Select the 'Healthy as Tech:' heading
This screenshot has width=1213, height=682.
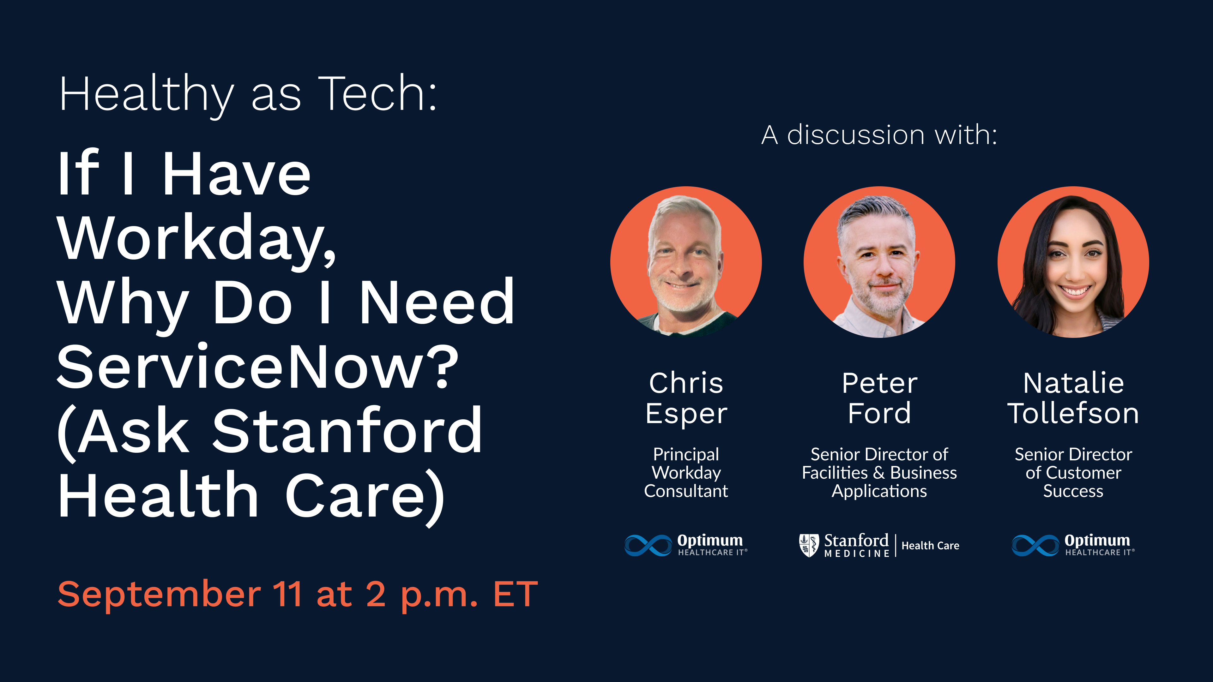point(248,94)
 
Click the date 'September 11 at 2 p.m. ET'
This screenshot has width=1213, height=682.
point(298,594)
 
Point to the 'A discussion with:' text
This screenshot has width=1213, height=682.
point(879,135)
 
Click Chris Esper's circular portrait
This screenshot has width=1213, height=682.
point(685,262)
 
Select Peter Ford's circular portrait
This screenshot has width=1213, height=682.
point(879,262)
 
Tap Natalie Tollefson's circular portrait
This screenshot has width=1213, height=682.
point(1073,262)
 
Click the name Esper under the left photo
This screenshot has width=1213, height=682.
point(686,414)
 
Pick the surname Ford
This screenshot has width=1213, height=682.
point(879,413)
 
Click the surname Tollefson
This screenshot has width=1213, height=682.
point(1073,413)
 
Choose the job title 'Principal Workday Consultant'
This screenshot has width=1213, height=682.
point(686,473)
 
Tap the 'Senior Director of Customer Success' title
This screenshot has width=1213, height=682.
point(1073,473)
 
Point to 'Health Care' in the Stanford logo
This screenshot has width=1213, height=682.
point(930,546)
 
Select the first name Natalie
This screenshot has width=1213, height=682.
point(1073,383)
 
